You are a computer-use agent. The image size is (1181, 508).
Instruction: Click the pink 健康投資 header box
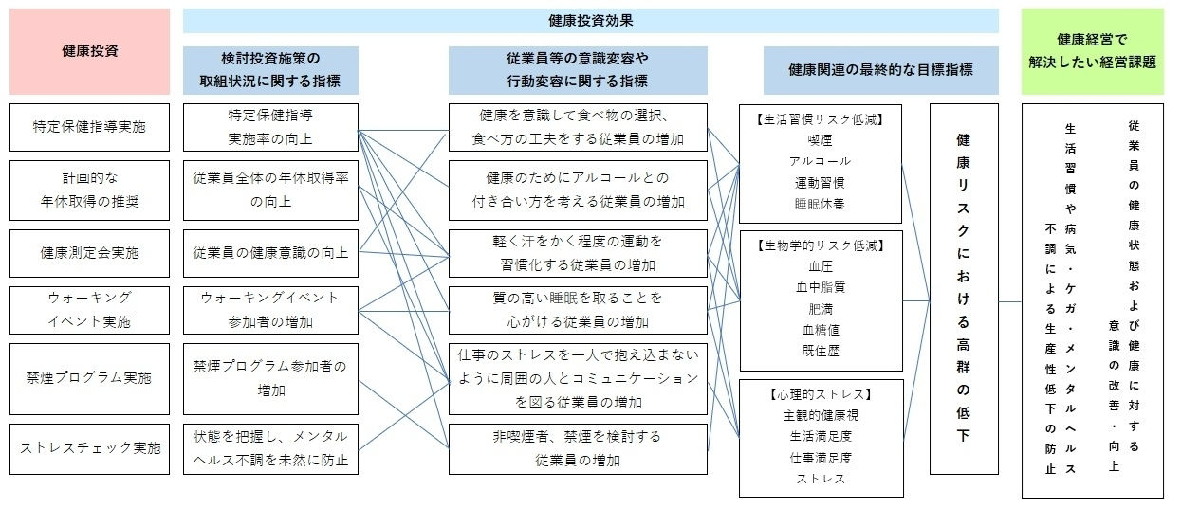tap(89, 51)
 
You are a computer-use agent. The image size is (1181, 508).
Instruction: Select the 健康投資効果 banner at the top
tap(590, 21)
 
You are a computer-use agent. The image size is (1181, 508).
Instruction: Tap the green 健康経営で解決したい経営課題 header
tap(1092, 51)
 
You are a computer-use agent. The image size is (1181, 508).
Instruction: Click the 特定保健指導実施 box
tap(89, 127)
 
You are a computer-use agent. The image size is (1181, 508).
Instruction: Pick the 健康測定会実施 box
tap(89, 253)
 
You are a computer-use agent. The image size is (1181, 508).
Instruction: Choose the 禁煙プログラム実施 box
tap(89, 378)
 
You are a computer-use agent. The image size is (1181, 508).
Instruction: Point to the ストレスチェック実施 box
tap(89, 449)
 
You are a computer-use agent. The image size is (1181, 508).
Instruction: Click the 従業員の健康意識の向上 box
tap(270, 253)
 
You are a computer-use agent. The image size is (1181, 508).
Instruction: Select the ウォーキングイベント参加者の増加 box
tap(270, 310)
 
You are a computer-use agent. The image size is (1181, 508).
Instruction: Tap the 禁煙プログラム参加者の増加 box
tap(270, 378)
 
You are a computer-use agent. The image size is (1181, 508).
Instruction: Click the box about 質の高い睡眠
tap(578, 310)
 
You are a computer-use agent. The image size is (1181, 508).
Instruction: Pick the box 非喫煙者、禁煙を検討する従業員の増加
tap(578, 449)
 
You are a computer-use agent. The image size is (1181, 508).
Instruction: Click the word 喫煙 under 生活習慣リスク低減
tap(820, 140)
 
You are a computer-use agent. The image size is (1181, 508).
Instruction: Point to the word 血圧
tap(820, 267)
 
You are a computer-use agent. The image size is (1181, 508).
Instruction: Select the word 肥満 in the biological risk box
tap(820, 309)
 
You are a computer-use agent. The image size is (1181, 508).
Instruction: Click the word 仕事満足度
tap(820, 457)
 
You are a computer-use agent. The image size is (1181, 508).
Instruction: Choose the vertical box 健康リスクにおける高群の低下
tap(964, 288)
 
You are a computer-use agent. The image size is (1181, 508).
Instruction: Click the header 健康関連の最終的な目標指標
tap(880, 70)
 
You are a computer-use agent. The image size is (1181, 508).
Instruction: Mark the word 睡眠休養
tap(820, 203)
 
